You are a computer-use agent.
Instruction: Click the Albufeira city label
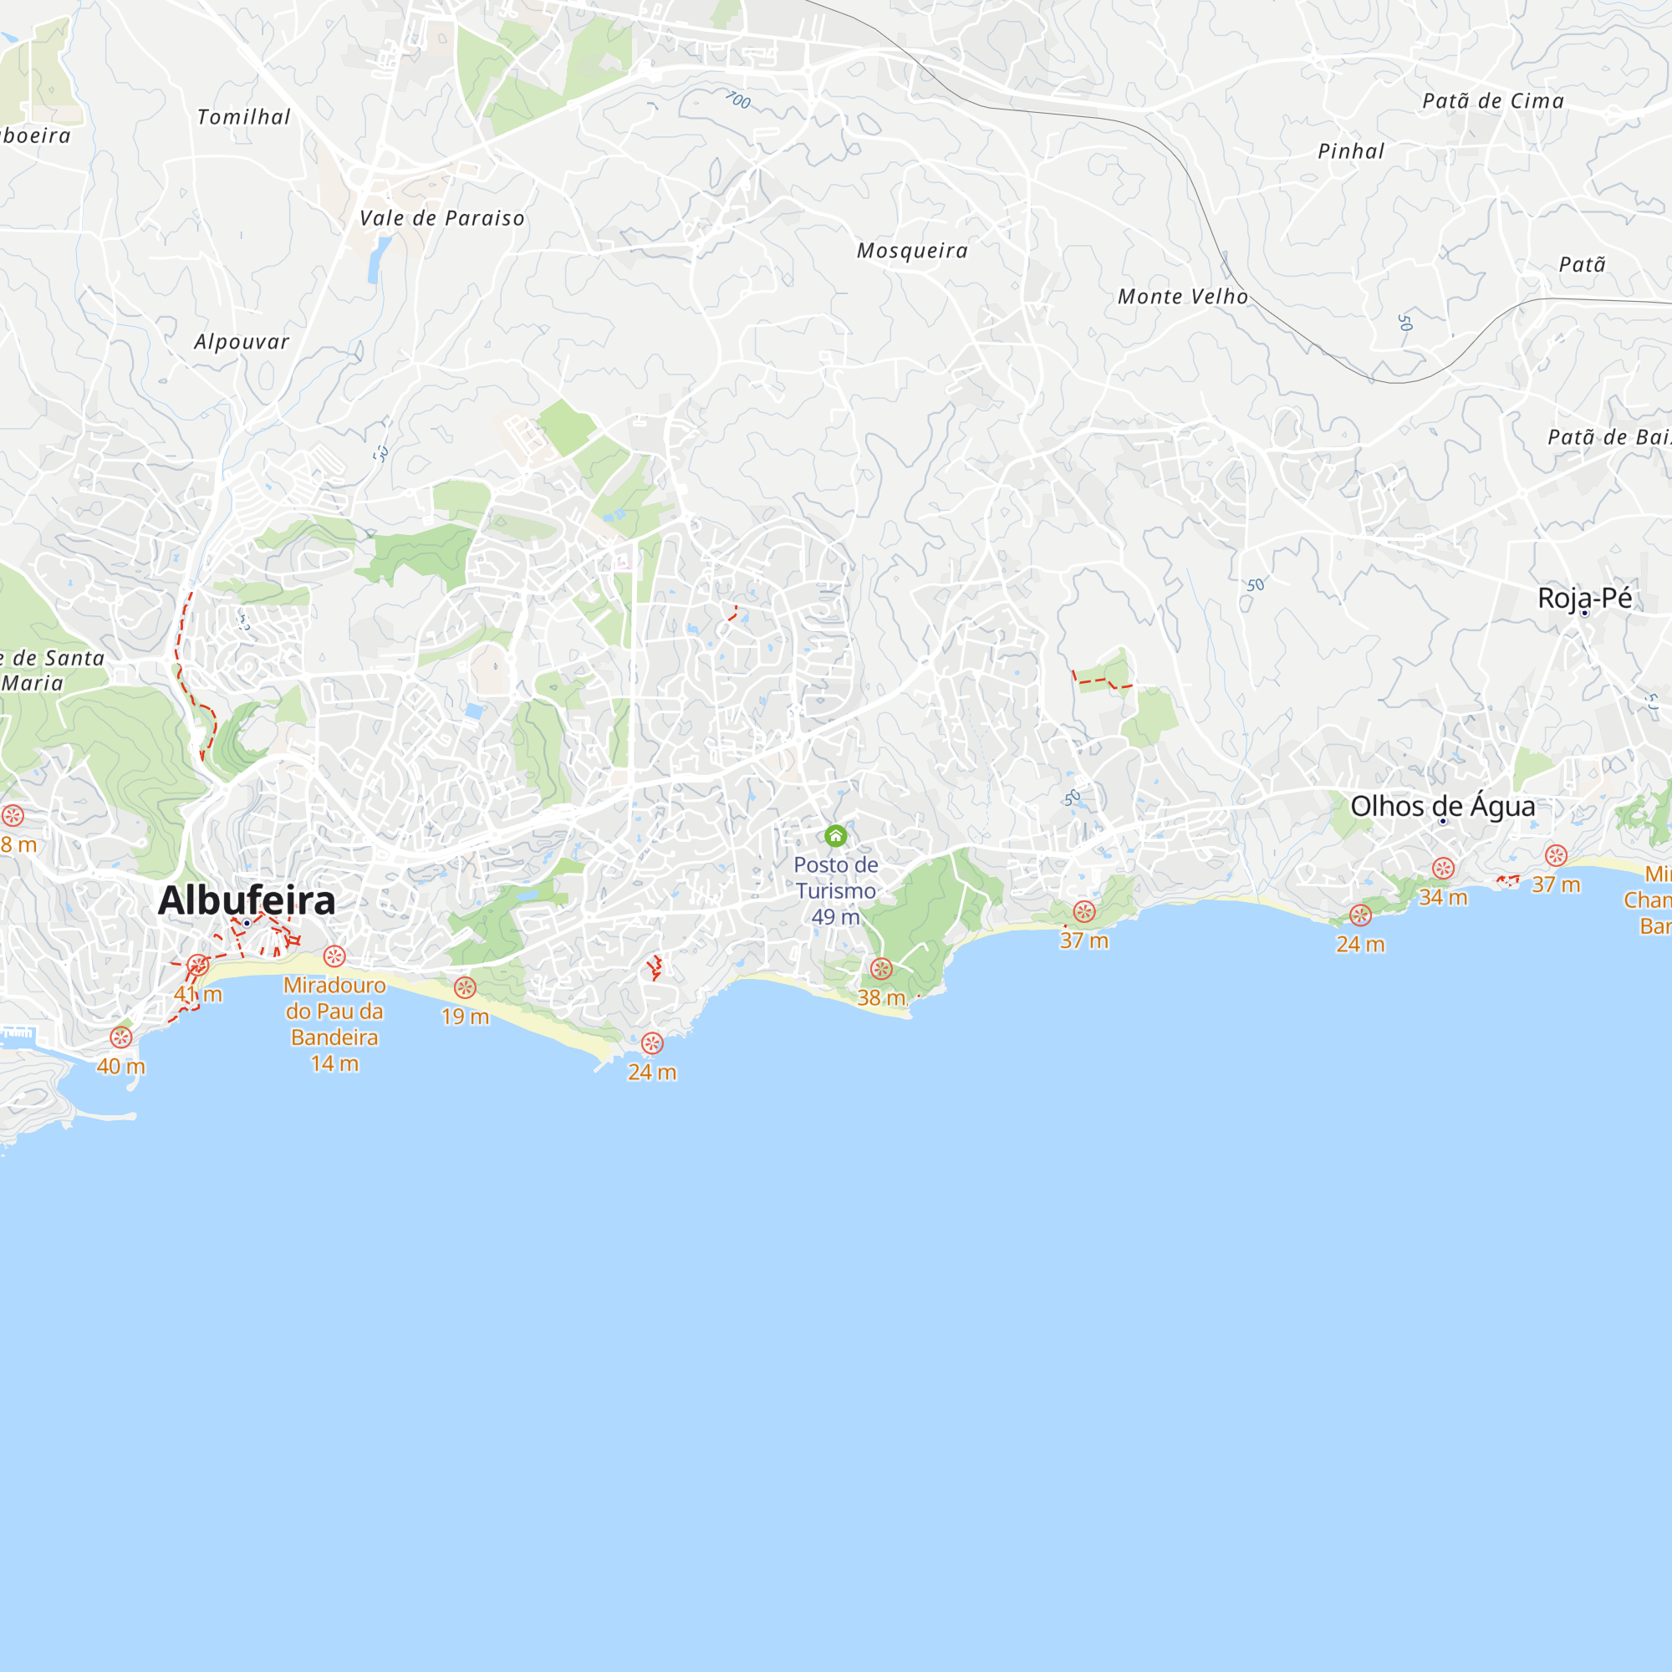point(247,900)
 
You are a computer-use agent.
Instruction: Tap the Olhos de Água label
point(1443,806)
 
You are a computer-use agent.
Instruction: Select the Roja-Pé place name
point(1584,597)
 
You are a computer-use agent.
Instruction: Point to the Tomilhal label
point(244,117)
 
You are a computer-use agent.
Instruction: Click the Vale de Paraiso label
point(442,218)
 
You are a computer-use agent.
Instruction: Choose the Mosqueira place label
point(912,250)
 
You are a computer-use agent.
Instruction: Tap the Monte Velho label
point(1183,296)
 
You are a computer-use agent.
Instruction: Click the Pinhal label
point(1351,151)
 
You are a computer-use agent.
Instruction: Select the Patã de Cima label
point(1493,101)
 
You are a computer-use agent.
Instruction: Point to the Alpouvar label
point(242,342)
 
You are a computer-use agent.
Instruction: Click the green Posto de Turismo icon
point(835,835)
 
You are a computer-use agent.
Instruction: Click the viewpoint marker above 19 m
point(465,987)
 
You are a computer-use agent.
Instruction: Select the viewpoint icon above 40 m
point(121,1037)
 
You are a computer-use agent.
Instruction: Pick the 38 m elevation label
point(881,997)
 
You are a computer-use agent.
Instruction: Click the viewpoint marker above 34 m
point(1443,868)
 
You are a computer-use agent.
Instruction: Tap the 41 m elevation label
point(198,994)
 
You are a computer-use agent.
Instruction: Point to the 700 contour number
point(737,100)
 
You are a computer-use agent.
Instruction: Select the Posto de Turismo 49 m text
point(836,890)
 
